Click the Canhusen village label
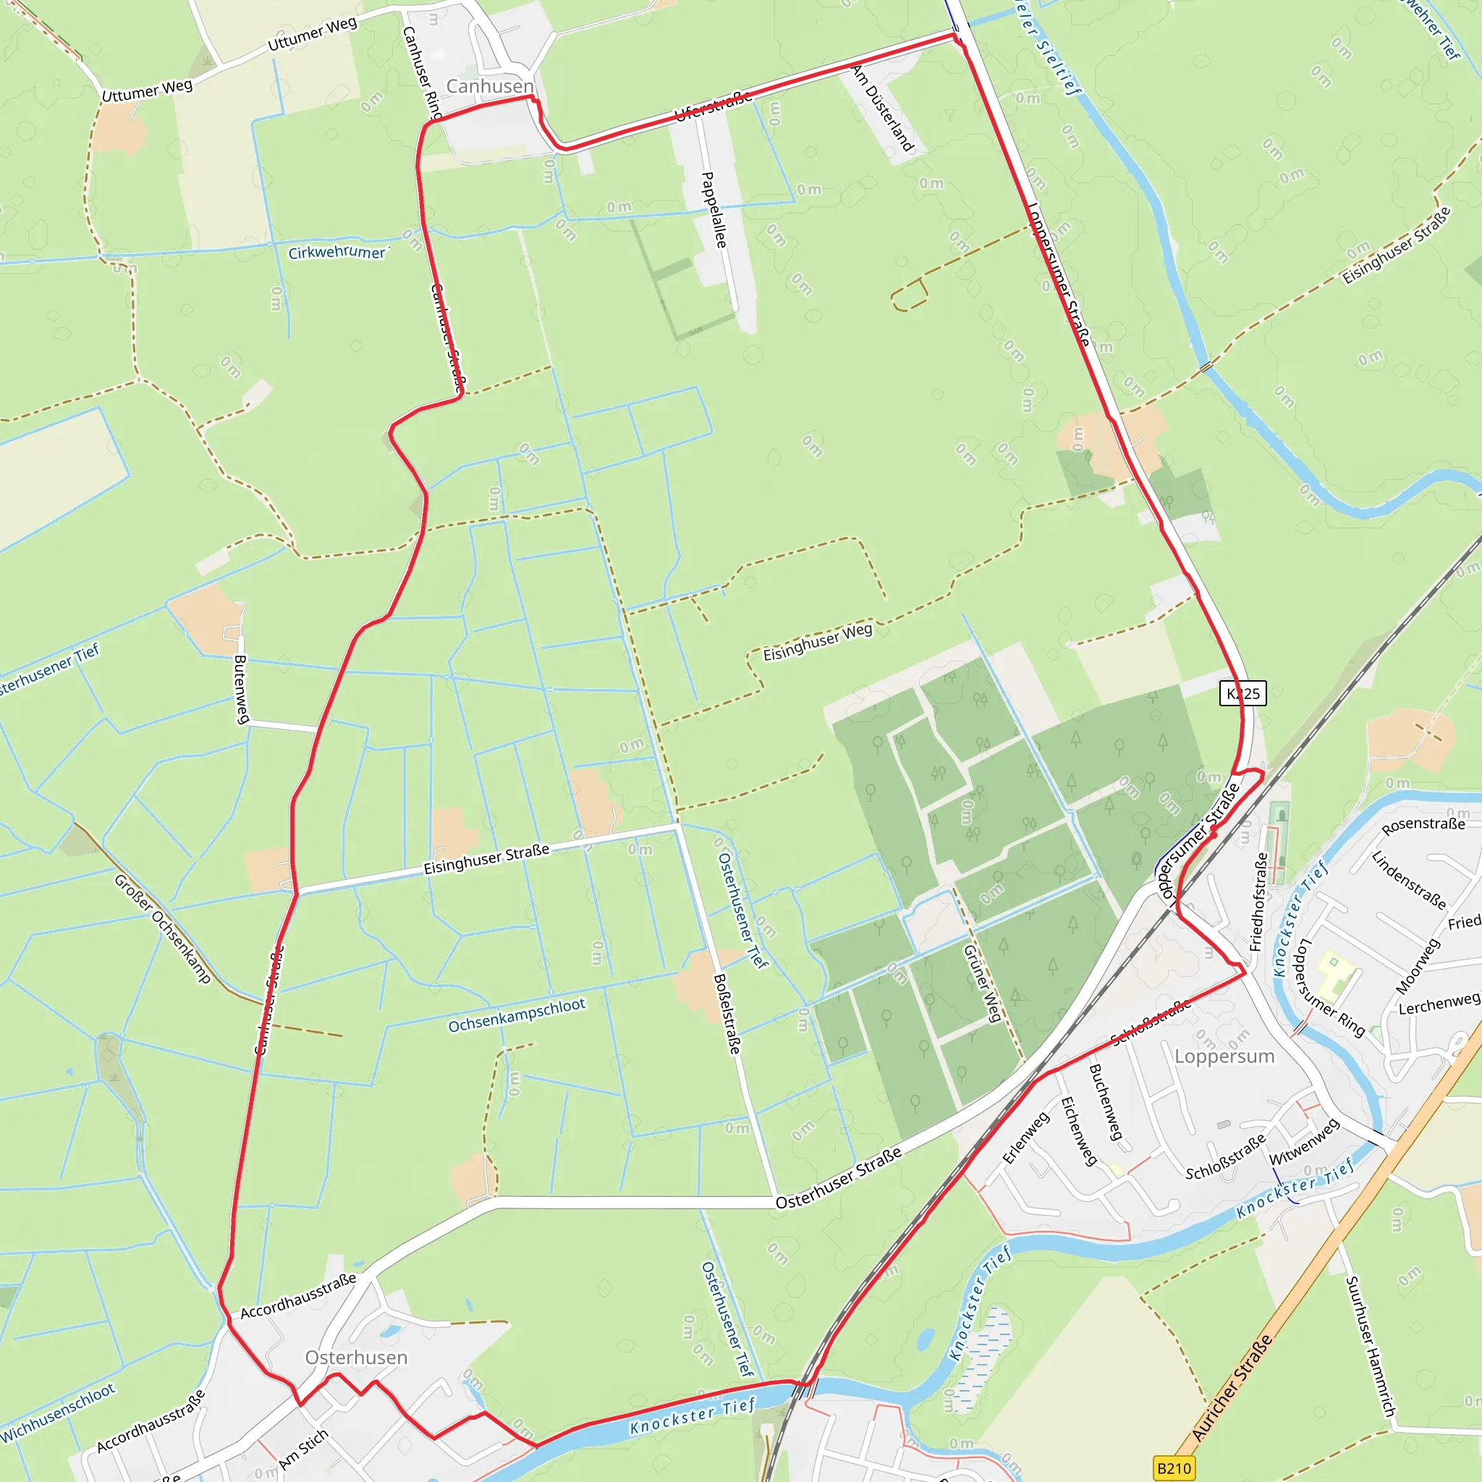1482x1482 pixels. pos(489,86)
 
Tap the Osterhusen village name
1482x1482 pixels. pos(356,1357)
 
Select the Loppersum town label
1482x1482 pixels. pos(1224,1057)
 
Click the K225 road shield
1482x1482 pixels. pos(1242,693)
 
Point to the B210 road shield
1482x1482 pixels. pos(1174,1468)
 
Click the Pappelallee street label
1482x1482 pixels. pos(714,209)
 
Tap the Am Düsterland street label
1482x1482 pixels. pos(883,108)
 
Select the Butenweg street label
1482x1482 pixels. pos(241,689)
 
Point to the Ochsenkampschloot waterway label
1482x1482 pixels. pos(516,1015)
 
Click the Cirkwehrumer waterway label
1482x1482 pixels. pos(337,252)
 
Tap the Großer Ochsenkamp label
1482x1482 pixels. pos(162,928)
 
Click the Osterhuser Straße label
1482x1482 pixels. pos(839,1178)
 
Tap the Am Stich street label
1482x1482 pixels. pos(304,1449)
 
